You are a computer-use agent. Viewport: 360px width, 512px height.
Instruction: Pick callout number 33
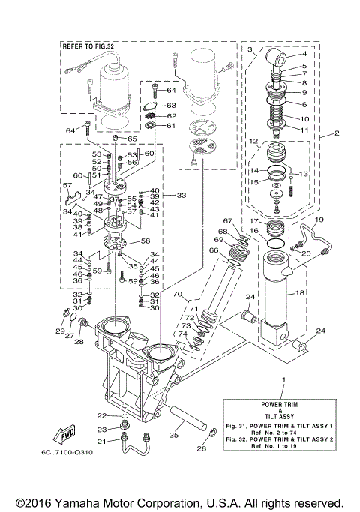coord(181,195)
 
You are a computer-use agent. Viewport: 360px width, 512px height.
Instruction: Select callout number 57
coord(67,184)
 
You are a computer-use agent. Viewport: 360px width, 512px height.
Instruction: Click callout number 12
coord(254,141)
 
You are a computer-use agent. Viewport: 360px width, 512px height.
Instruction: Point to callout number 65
coord(131,139)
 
